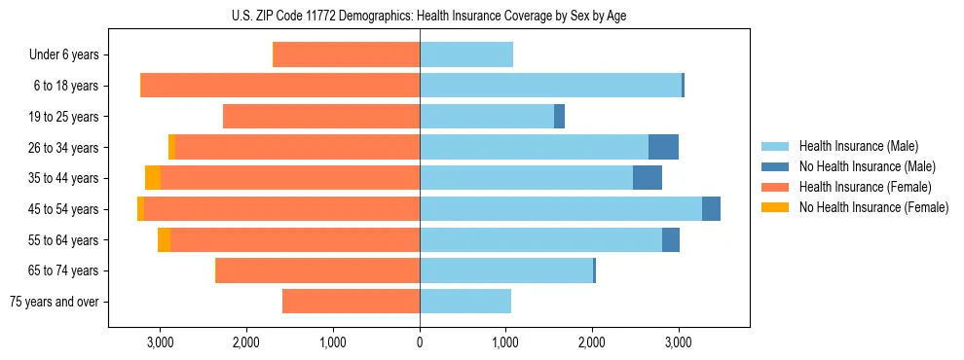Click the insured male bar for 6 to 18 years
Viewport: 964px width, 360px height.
(x=550, y=86)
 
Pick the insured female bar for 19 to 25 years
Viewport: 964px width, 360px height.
(x=321, y=117)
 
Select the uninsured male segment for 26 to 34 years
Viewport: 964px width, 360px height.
(x=663, y=148)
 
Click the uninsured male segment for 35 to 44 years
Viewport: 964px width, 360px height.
(x=648, y=178)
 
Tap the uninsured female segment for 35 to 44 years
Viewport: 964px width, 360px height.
(x=153, y=178)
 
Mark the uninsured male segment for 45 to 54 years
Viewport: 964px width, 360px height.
(x=711, y=209)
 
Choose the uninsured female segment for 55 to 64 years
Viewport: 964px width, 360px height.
(x=164, y=240)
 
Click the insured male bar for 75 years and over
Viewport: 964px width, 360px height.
(x=465, y=302)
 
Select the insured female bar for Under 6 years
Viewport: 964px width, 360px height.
(x=347, y=55)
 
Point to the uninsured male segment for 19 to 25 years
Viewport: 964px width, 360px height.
(x=559, y=117)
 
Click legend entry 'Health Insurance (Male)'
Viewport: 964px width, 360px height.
(x=853, y=146)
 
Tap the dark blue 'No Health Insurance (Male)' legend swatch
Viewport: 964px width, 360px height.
(x=775, y=166)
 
